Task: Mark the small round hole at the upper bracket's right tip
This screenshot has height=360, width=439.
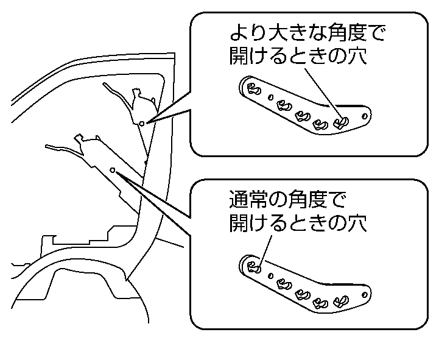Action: click(x=364, y=115)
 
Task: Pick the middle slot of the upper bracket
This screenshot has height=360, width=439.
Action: click(x=300, y=115)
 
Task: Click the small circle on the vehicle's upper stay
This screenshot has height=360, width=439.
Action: click(x=141, y=124)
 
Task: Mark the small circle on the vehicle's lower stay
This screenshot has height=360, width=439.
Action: click(x=113, y=170)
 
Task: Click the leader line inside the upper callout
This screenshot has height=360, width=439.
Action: click(x=320, y=88)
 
